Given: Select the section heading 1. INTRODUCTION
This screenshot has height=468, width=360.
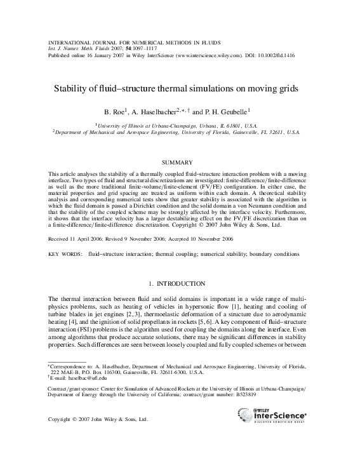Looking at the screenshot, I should coord(180,282).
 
